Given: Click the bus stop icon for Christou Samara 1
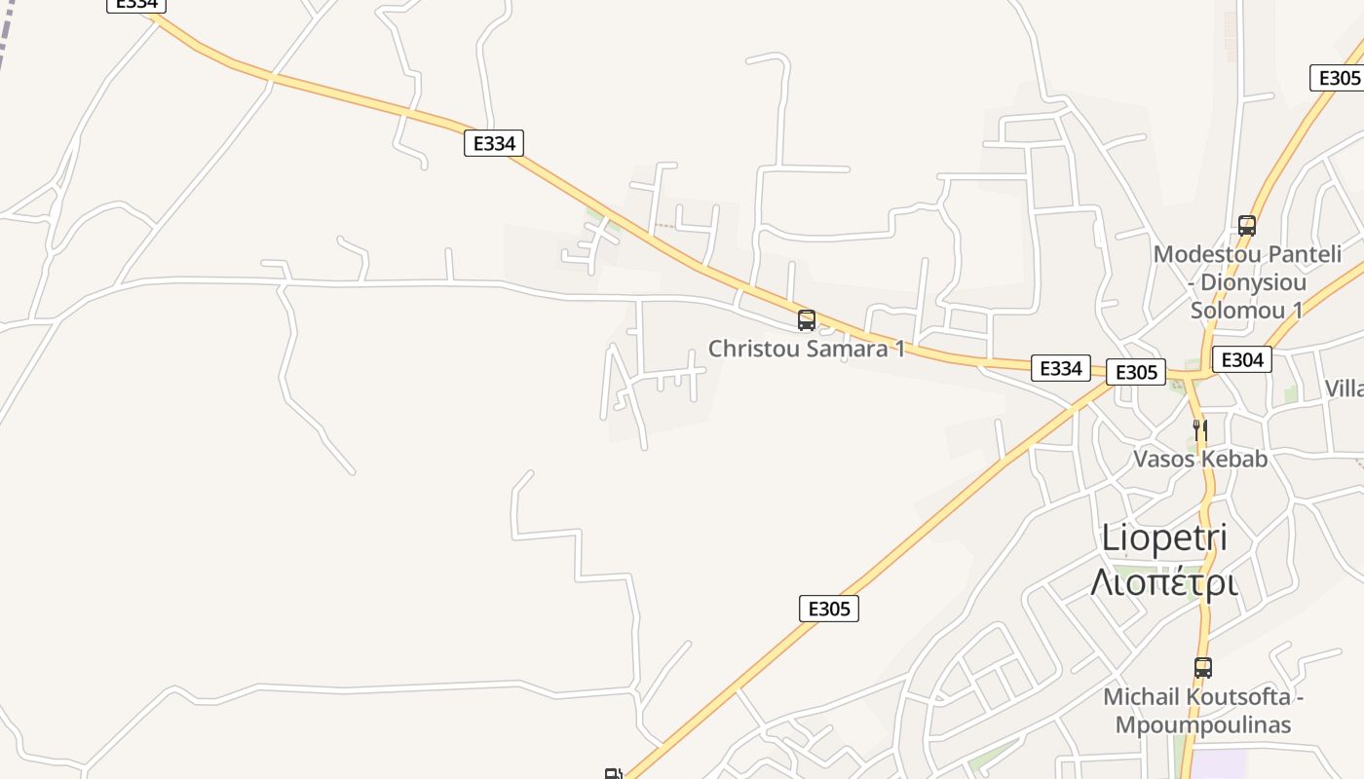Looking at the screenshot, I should [807, 320].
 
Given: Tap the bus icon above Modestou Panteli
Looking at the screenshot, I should [1247, 226].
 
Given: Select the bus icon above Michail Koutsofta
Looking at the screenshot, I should [1203, 668].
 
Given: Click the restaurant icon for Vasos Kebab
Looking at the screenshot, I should [1200, 429].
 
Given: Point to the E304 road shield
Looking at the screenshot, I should [1242, 360].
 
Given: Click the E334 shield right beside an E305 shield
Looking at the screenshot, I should [1061, 368].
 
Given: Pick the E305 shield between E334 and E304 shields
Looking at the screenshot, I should [1136, 372].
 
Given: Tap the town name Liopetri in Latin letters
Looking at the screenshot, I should [1164, 538].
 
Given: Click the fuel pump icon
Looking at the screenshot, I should [613, 774].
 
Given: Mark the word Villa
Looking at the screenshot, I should [1345, 389].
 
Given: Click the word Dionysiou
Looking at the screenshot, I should [1257, 282].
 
